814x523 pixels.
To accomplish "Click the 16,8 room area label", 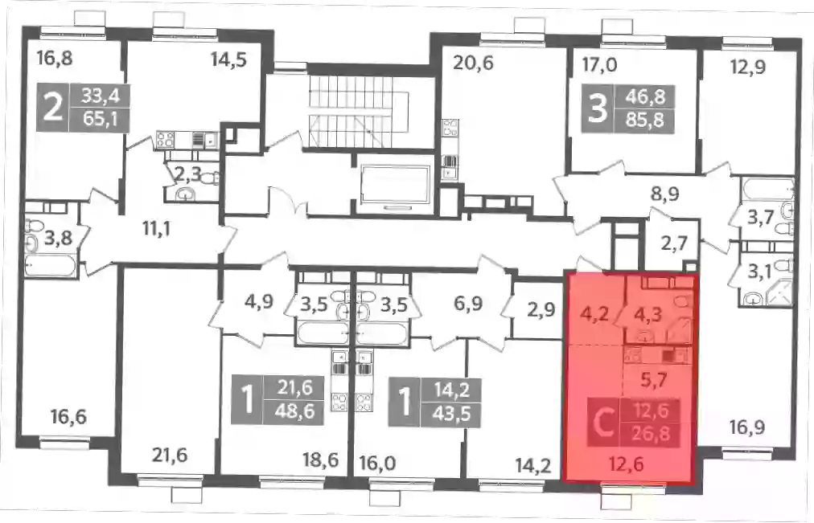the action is [x=54, y=59].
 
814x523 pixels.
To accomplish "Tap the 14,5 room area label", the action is [x=228, y=60].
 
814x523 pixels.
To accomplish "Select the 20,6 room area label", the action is [x=473, y=63].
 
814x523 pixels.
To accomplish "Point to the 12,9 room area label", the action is [x=747, y=67].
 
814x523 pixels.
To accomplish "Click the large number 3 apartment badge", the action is [x=598, y=109].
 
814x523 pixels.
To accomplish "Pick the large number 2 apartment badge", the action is [x=52, y=108].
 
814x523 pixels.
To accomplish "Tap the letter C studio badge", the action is [x=603, y=423].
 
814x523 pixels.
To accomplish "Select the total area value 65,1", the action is [x=100, y=120].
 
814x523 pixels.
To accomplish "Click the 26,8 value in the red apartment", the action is [x=651, y=434].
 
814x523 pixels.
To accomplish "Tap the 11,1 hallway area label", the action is [x=157, y=228].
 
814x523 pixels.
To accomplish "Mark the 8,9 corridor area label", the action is [x=664, y=194].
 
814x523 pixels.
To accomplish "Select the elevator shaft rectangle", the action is [x=396, y=185].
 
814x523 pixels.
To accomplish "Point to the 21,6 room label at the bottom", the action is [x=170, y=456].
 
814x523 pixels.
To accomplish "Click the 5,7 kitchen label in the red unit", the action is [x=654, y=381].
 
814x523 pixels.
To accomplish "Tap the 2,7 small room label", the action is [x=674, y=243].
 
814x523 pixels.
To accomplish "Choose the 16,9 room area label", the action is [x=747, y=428].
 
